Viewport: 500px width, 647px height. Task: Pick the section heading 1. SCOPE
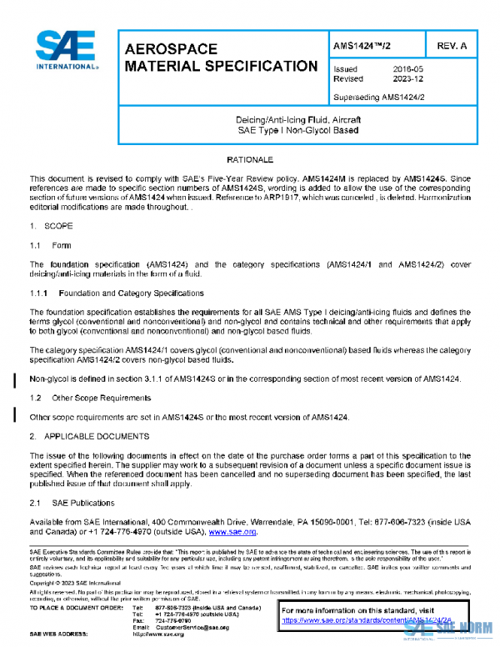pyautogui.click(x=51, y=226)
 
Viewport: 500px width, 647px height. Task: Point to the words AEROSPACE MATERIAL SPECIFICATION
pyautogui.click(x=220, y=58)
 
